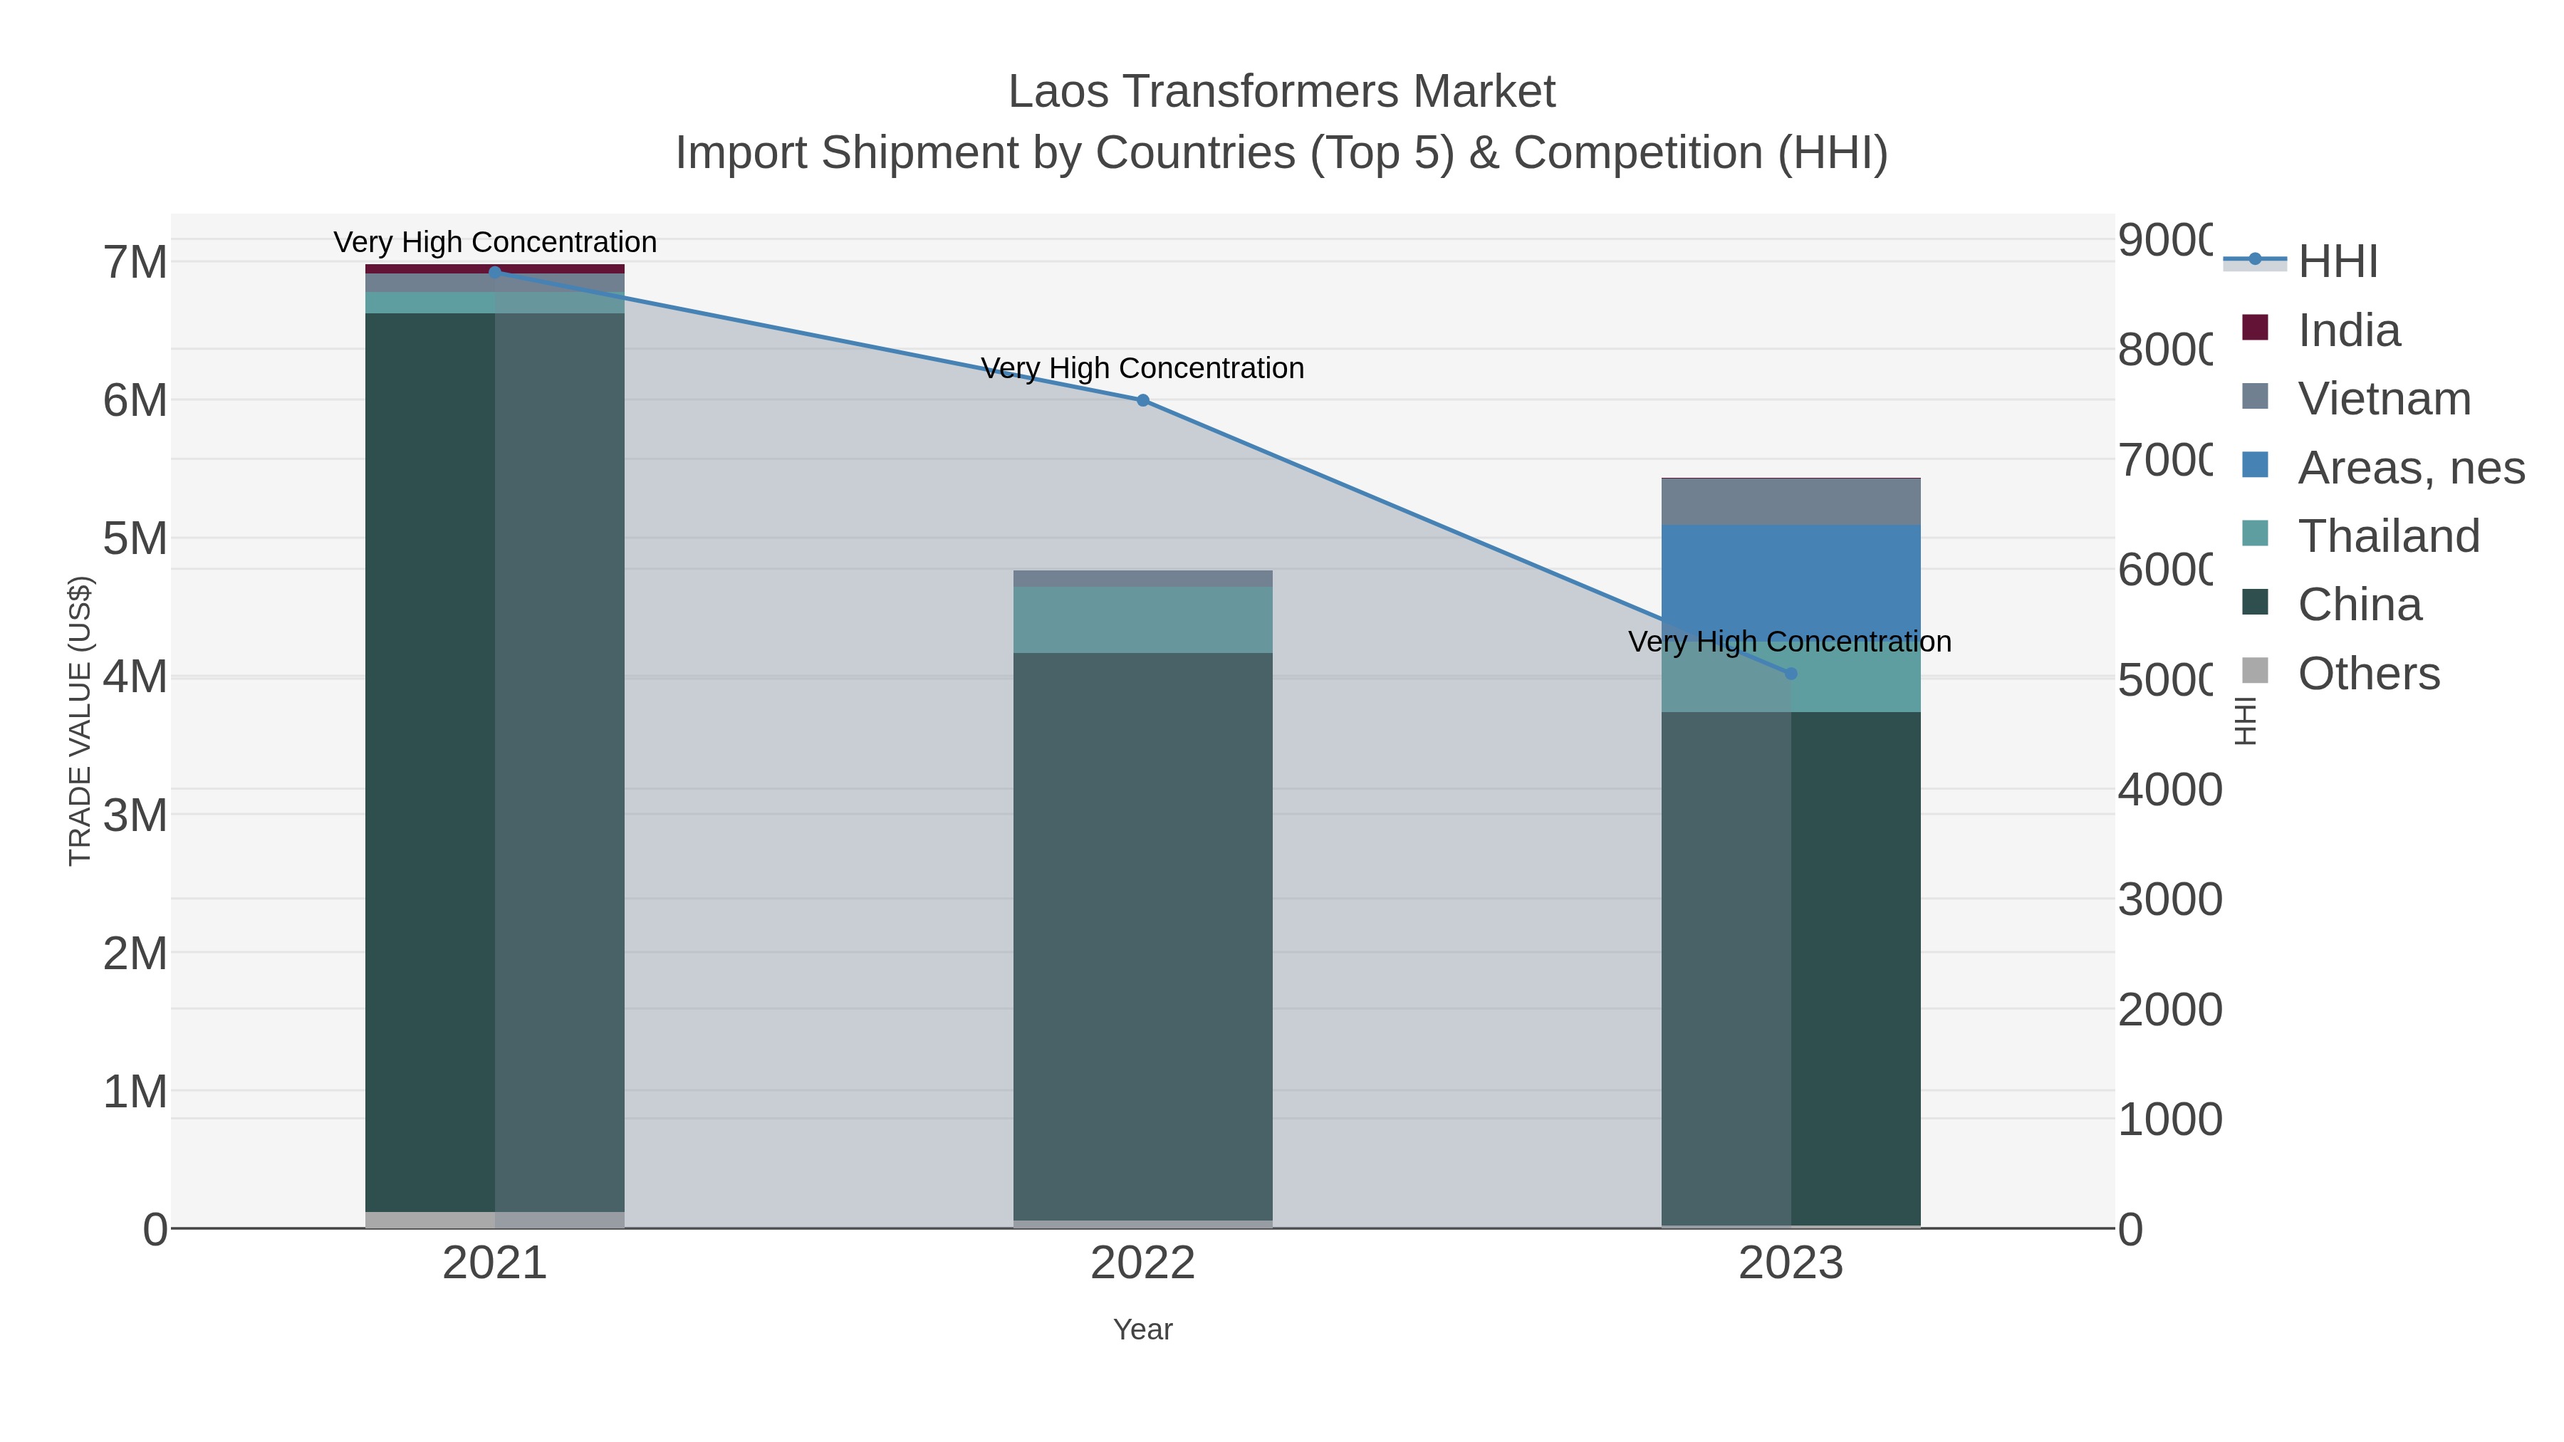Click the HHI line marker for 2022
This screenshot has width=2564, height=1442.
[x=1142, y=400]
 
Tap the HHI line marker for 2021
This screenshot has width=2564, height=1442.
[x=495, y=272]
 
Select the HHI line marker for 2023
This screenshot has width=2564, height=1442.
[x=1791, y=674]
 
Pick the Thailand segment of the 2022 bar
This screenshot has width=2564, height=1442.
[x=1142, y=619]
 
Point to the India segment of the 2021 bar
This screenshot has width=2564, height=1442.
[x=495, y=268]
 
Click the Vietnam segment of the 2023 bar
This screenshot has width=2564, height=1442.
[x=1791, y=501]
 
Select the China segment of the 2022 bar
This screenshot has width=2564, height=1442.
[x=1142, y=936]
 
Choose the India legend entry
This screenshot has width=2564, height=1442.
[x=2348, y=330]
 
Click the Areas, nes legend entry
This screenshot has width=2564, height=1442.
[x=2409, y=468]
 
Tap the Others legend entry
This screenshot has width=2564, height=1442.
[x=2368, y=674]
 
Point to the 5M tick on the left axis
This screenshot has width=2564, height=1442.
[x=135, y=538]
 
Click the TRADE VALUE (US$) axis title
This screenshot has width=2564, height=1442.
[x=80, y=721]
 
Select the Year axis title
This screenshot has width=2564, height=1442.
[x=1142, y=1329]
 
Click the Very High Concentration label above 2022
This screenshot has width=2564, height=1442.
[x=1142, y=368]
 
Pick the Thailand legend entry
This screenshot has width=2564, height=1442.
[x=2388, y=536]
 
